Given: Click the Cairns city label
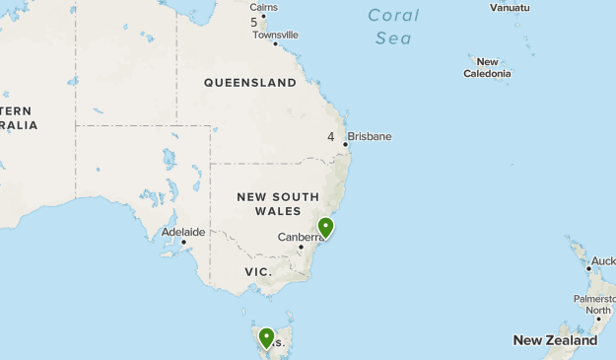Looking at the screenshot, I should pos(263,7).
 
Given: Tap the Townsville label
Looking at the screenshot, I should pos(275,35).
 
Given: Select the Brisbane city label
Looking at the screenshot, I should pos(369,136).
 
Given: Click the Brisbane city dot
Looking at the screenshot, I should pos(346,145).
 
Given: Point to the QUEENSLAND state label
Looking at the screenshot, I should pos(249,83).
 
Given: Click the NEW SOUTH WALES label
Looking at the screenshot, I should pos(278,204).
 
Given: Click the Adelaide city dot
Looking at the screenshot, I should pos(183,242).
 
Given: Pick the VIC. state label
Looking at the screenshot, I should pos(258,271).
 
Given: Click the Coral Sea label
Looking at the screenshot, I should pos(393,27).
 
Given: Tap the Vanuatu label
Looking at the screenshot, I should pos(510,7).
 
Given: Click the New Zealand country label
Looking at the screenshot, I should pos(555,340).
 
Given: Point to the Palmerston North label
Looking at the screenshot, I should pos(595,304).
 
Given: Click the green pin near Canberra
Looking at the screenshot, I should pos(325,228).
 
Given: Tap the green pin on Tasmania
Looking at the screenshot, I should pos(266,339).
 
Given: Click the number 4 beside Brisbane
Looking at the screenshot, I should pos(330,137).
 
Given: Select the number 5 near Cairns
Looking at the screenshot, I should pos(253,22).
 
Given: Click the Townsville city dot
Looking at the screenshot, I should pos(275,44).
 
